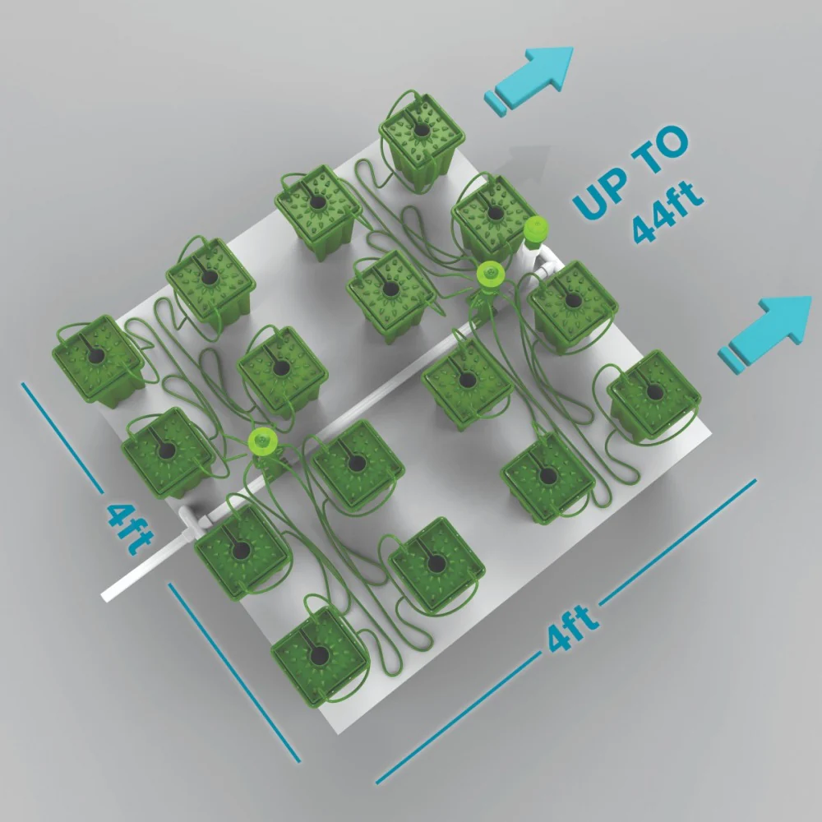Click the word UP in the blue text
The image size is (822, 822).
click(601, 194)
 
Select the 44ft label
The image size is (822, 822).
click(667, 213)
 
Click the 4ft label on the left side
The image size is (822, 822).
click(130, 529)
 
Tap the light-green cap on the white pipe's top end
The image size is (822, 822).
click(536, 232)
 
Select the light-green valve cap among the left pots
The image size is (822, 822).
click(262, 439)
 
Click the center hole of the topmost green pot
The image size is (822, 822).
click(422, 130)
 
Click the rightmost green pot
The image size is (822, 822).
click(654, 397)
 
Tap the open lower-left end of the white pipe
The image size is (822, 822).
click(105, 595)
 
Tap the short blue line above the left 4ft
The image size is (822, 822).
click(62, 438)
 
